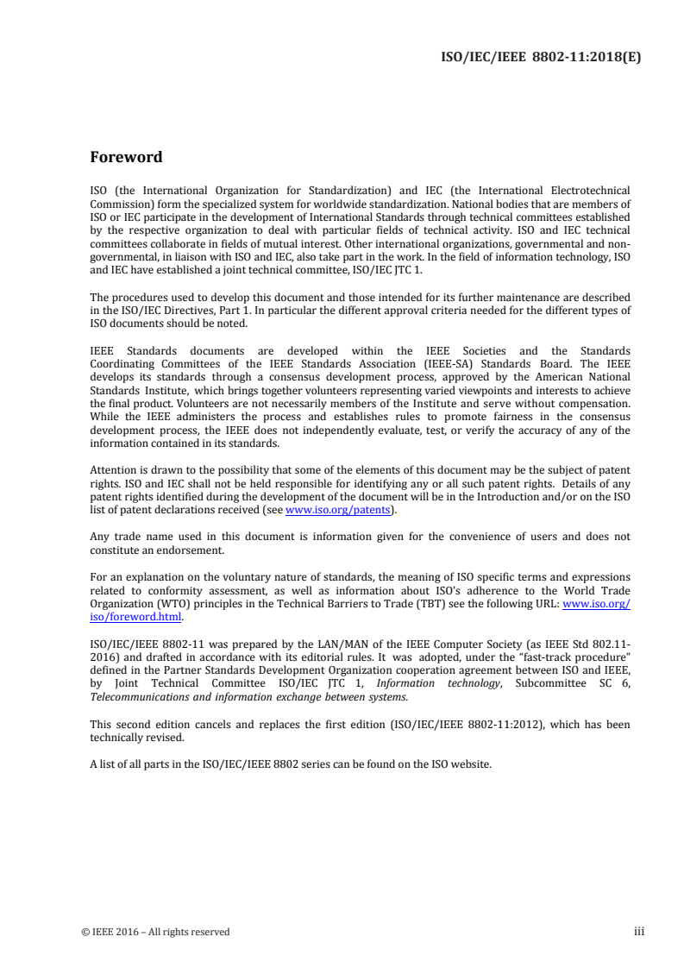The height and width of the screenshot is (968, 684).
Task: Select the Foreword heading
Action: click(x=126, y=158)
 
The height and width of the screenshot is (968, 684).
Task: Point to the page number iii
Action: click(x=638, y=931)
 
